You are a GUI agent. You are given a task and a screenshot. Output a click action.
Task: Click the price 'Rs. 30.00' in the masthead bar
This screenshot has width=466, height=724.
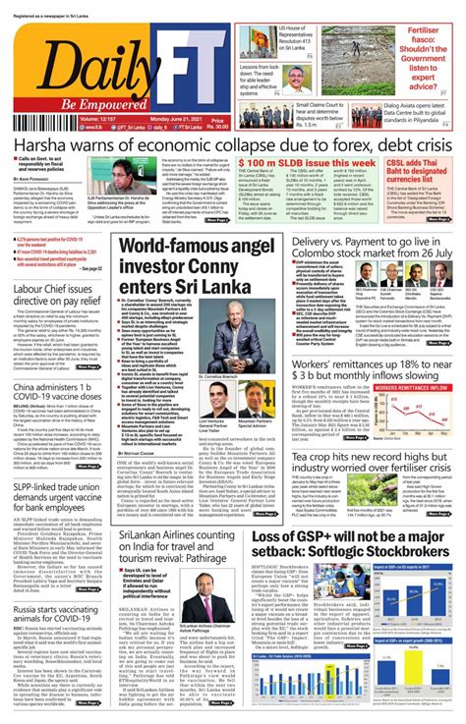click(x=214, y=122)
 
